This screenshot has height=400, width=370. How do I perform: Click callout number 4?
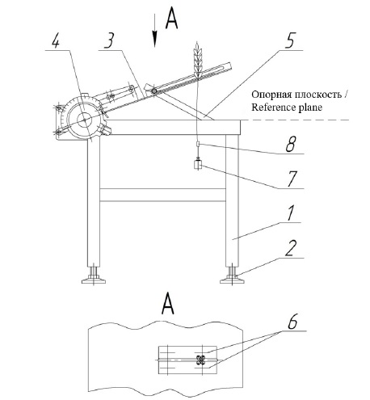[x=56, y=41]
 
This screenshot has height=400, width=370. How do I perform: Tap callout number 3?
[x=110, y=40]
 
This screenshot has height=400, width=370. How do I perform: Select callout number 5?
[x=290, y=41]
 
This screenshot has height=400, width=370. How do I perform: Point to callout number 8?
[x=291, y=144]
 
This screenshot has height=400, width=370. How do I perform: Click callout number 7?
[x=292, y=179]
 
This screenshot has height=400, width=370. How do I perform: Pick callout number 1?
[x=290, y=213]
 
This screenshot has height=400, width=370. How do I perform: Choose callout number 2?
[x=291, y=248]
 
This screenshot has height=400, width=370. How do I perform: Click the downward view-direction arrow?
[x=154, y=31]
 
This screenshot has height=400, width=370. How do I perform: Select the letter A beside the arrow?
[x=171, y=18]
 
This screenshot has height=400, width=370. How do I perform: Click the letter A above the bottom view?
[x=168, y=304]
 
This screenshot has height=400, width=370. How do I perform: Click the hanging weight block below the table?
[x=198, y=165]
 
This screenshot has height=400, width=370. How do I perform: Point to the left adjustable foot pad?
[x=94, y=281]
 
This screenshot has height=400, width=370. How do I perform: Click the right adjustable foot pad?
[x=232, y=281]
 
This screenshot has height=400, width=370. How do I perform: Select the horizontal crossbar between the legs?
[x=162, y=195]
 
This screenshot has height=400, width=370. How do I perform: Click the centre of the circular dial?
[x=84, y=120]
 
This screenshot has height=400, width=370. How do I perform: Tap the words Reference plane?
[x=287, y=107]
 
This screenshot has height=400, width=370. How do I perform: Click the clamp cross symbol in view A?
[x=200, y=360]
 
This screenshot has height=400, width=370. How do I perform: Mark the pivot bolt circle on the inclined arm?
[x=154, y=91]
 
